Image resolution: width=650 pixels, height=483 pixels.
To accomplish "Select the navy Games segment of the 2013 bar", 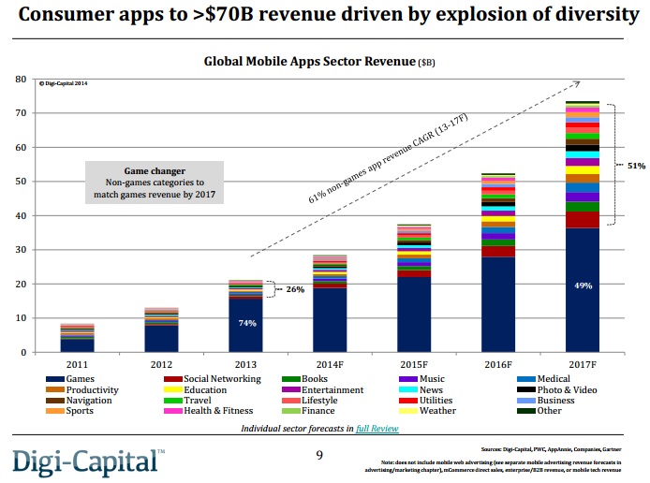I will coord(244,337).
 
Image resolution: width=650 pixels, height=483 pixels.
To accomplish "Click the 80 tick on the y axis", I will coord(20,79).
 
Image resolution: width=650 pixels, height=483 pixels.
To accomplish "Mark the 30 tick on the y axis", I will coord(20,250).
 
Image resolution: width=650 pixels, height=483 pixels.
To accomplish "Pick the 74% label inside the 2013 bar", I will coord(244,323).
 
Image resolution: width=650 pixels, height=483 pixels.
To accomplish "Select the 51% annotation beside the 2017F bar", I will coord(635,166).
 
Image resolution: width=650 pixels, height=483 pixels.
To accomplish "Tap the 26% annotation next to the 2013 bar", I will coord(295,289).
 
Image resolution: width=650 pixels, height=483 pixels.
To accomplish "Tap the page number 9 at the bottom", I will coord(318,456).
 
